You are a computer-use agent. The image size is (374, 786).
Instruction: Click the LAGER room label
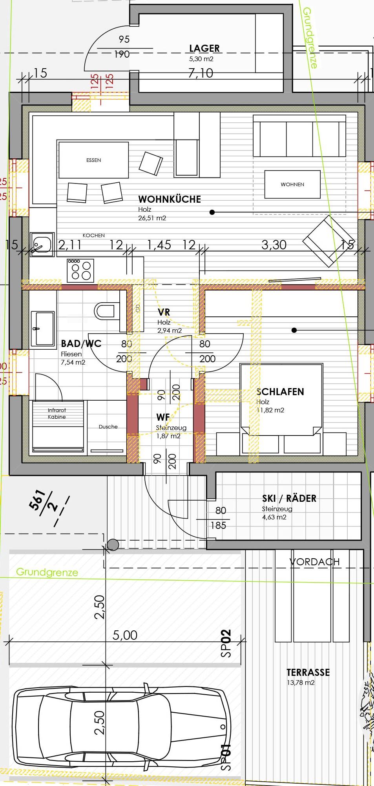coord(204,48)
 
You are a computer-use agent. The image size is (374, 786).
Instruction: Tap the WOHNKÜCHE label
coord(170,199)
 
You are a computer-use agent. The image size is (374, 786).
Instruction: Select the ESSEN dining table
coord(93,160)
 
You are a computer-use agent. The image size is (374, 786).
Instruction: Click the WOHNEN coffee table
coord(292,184)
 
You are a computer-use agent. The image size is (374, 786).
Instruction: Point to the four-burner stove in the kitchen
coord(80,270)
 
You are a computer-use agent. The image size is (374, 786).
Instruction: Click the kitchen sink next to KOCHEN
coord(42,244)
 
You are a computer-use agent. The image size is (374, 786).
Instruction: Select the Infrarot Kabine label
coord(57,414)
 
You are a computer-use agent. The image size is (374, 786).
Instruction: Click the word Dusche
coord(108,427)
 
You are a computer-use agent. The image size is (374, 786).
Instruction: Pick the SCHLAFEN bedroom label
coord(280,392)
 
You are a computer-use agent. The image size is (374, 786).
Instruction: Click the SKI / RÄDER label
coord(289,498)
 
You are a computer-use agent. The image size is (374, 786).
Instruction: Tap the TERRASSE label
coord(308,672)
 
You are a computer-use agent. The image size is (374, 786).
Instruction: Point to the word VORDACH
coord(315,562)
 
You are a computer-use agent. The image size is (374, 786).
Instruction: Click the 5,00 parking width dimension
coord(125,635)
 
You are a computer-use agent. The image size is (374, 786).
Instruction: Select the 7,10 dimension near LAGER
coord(201,73)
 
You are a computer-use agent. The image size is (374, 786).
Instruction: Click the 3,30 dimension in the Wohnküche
coord(274,245)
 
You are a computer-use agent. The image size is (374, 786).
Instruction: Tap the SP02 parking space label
coord(226,643)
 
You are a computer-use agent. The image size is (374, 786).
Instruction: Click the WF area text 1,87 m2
coord(168,436)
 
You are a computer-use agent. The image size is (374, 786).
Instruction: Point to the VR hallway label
coord(164,312)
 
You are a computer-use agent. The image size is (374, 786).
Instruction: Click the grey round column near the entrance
coord(113,545)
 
